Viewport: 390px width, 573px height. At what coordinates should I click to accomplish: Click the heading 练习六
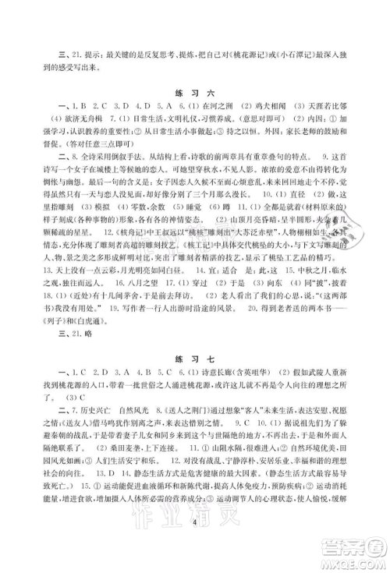pos(194,91)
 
